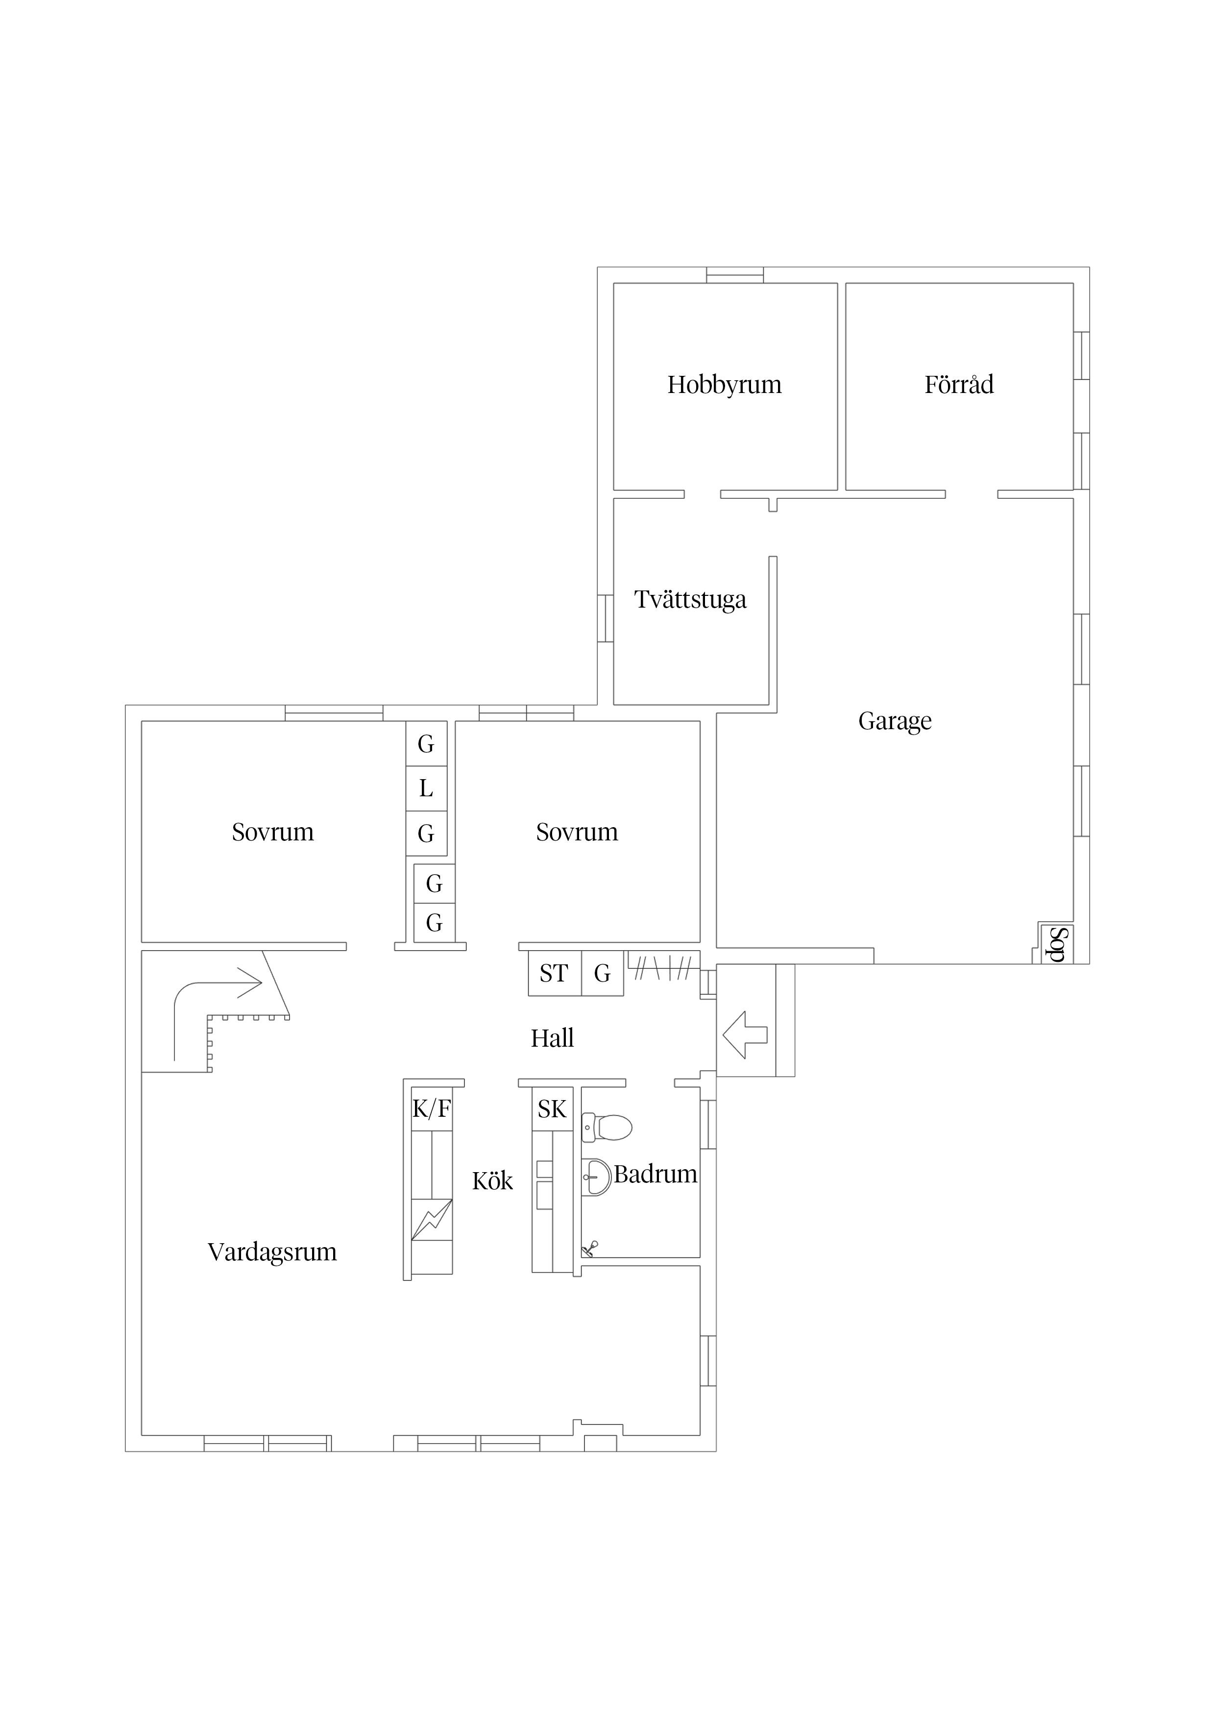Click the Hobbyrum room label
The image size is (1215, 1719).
click(x=724, y=385)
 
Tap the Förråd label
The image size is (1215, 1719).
click(x=959, y=384)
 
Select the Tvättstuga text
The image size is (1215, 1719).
click(x=690, y=600)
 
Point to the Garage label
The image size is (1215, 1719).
click(x=895, y=721)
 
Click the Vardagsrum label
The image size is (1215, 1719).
click(x=272, y=1252)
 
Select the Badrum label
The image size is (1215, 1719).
click(x=656, y=1174)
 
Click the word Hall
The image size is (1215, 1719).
click(x=553, y=1038)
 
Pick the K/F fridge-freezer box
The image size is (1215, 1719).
click(x=432, y=1109)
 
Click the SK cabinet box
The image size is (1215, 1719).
click(x=553, y=1109)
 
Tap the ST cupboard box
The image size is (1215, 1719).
click(x=555, y=973)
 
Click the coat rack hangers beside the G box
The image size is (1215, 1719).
click(x=662, y=969)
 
